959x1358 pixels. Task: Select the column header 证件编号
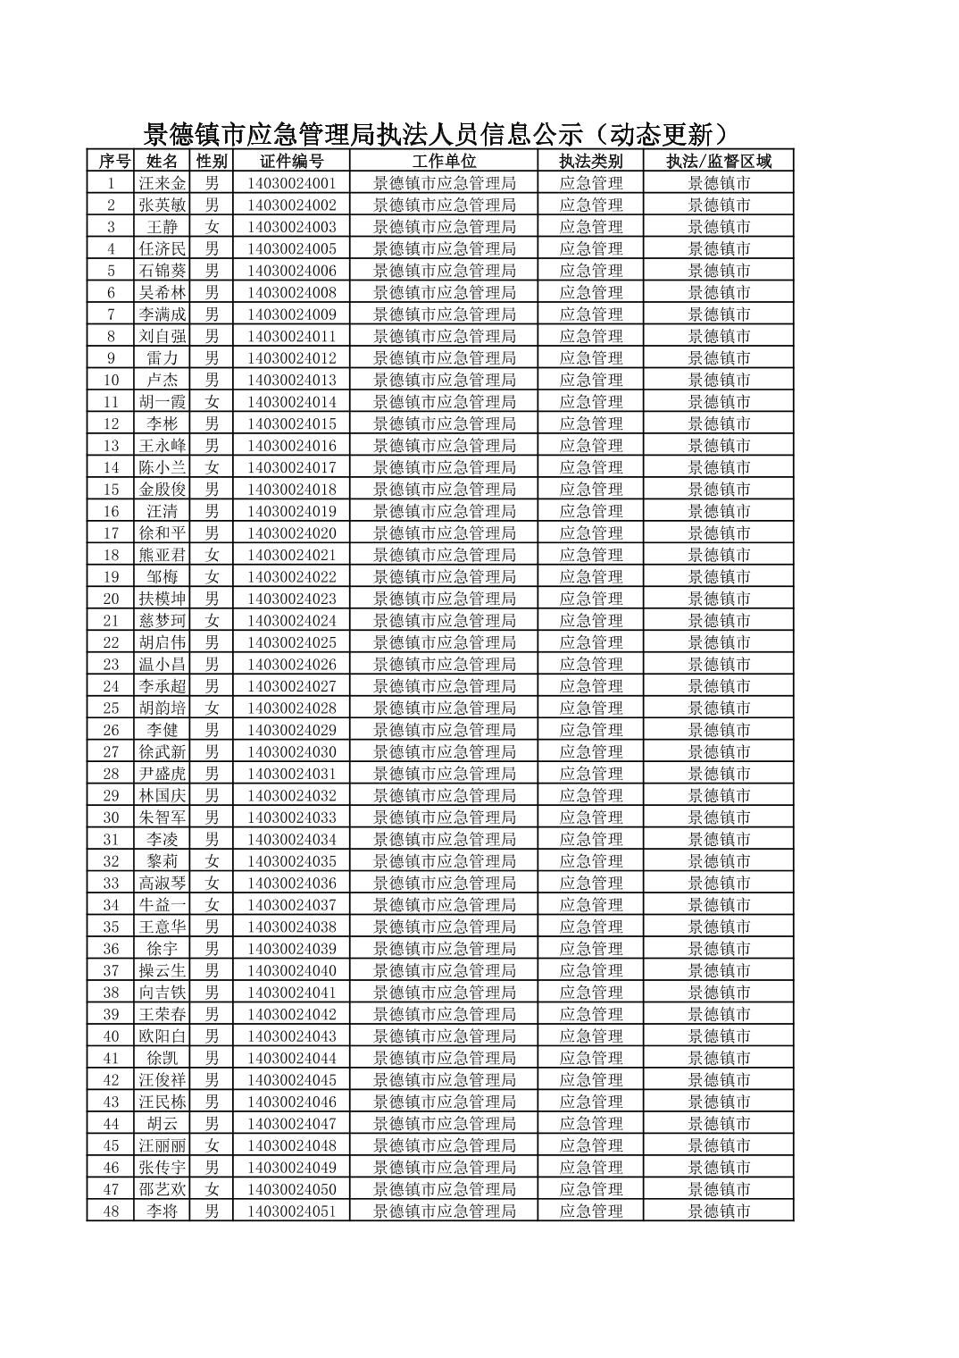tap(292, 161)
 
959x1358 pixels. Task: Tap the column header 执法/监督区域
tap(719, 161)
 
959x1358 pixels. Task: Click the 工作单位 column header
tap(444, 161)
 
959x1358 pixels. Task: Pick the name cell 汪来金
tap(163, 183)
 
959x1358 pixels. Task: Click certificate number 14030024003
tap(292, 227)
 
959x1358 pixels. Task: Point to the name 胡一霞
tap(163, 402)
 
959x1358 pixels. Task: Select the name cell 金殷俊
tap(163, 490)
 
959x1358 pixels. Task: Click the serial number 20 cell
tap(111, 599)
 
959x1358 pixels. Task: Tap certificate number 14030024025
tap(292, 642)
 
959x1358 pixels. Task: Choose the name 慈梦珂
tap(163, 621)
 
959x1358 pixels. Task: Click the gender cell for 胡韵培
tap(212, 708)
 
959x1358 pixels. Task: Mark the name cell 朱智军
tap(163, 817)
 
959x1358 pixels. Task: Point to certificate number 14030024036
tap(292, 883)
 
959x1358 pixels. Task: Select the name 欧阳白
tap(163, 1036)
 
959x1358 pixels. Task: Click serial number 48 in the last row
tap(111, 1211)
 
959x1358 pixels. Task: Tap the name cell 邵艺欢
tap(163, 1189)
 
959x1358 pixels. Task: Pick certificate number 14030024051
tap(292, 1211)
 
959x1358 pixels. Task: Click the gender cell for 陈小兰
tap(212, 467)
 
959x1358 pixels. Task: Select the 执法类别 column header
tap(590, 161)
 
